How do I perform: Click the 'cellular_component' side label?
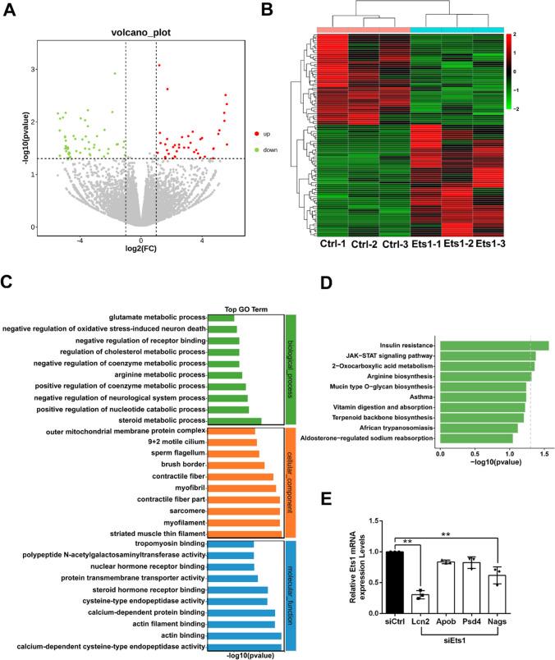click(290, 479)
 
